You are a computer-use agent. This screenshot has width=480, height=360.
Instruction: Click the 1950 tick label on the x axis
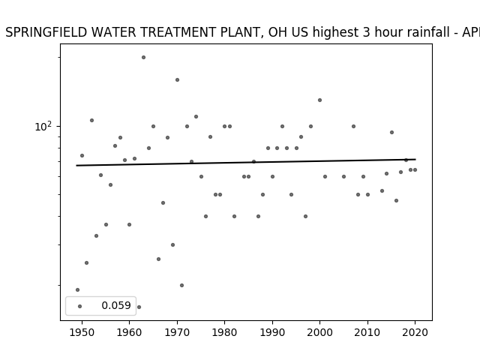click(82, 332)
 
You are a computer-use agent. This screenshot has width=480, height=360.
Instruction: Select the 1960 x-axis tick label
click(129, 332)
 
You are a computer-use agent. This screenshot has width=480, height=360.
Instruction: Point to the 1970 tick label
click(177, 332)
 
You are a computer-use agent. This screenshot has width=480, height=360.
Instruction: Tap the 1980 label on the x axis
click(224, 332)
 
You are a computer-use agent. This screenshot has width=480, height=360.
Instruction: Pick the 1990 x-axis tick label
click(272, 332)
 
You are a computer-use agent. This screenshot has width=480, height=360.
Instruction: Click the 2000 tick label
click(319, 332)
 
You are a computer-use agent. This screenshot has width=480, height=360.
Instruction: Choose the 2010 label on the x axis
click(367, 332)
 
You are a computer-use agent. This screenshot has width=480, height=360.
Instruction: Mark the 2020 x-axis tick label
click(415, 332)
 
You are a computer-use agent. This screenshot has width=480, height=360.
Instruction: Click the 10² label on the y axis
click(43, 126)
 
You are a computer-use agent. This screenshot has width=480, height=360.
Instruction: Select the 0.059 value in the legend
click(116, 305)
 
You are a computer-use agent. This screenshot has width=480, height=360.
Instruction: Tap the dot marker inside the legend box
click(80, 306)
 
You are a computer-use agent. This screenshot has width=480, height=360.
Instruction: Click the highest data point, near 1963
click(143, 57)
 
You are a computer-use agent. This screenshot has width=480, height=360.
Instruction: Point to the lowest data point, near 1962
click(139, 307)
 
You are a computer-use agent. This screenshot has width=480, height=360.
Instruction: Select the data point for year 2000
click(319, 100)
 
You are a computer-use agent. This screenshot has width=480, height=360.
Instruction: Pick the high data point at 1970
click(177, 80)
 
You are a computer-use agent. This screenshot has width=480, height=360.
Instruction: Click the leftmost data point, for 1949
click(77, 290)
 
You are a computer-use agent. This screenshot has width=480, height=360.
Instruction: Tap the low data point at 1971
click(181, 285)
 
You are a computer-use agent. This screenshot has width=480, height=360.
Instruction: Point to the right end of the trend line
click(415, 159)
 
